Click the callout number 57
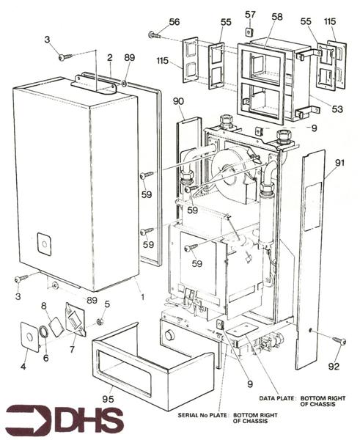point(249,14)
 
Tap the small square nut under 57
point(250,32)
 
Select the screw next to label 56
point(155,34)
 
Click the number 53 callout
point(337,109)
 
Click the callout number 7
point(73,350)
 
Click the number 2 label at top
point(109,56)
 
